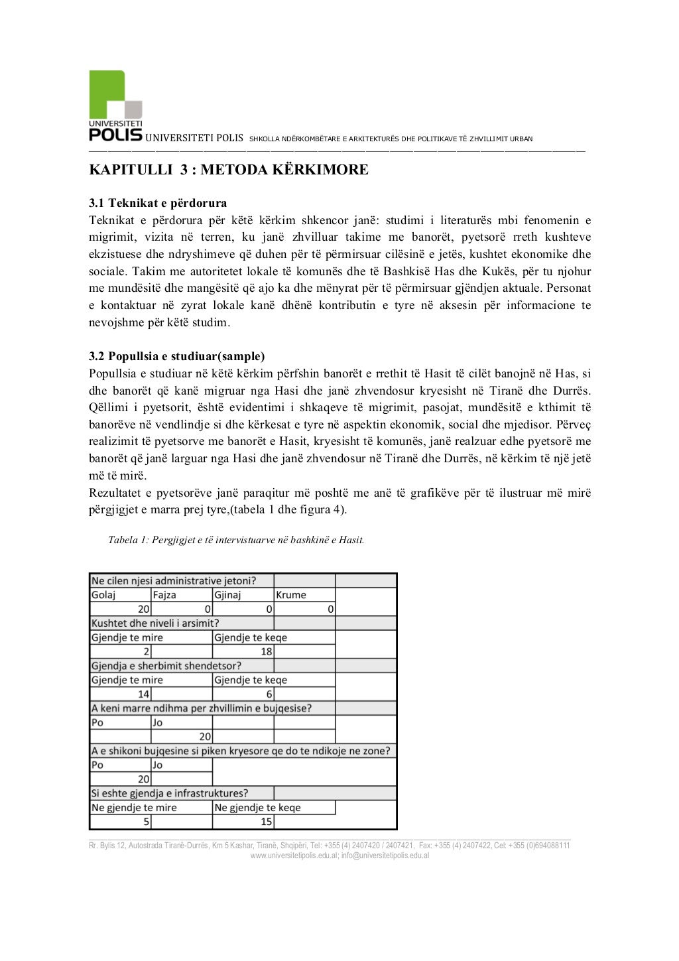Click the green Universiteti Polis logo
click(x=115, y=105)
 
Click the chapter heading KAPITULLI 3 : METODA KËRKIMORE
click(x=229, y=170)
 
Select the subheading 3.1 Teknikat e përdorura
click(x=158, y=203)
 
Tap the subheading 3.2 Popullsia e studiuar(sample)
click(x=177, y=356)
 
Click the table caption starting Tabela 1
click(x=236, y=540)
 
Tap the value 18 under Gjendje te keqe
click(x=266, y=651)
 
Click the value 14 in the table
click(x=144, y=694)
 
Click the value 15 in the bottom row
click(x=266, y=822)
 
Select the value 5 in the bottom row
click(x=146, y=822)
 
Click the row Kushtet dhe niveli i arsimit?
click(x=155, y=623)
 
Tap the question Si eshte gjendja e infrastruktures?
click(x=170, y=793)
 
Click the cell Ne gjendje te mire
click(x=134, y=808)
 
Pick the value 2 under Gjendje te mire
click(x=146, y=651)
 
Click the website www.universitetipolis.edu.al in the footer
click(x=294, y=856)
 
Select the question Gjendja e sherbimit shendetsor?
click(x=166, y=666)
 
